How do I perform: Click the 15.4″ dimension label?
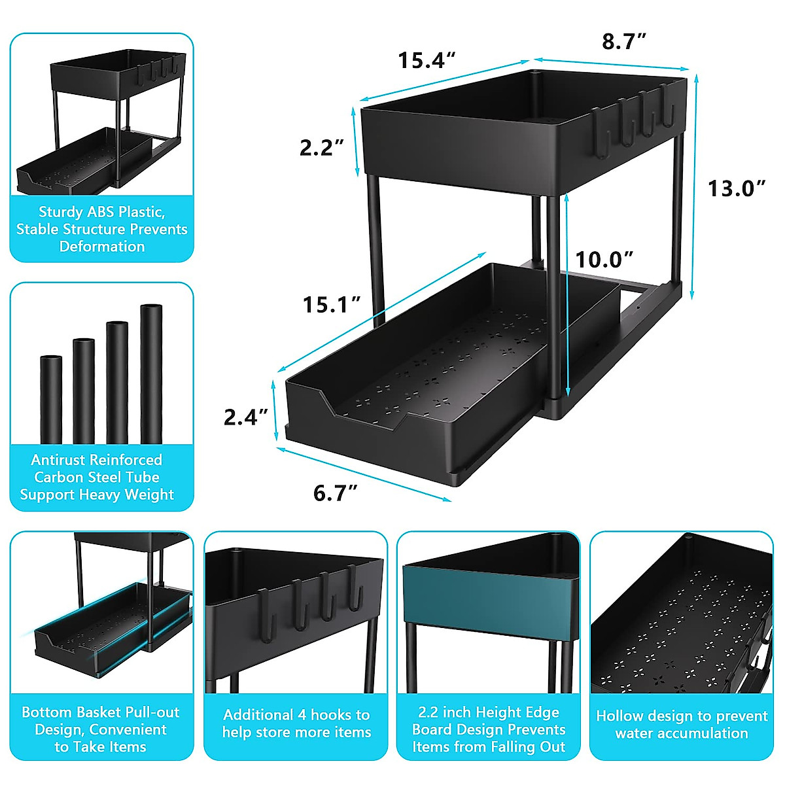tap(427, 60)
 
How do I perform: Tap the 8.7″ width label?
tap(624, 42)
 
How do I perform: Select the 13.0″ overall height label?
tap(737, 188)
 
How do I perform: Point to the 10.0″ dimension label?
tap(604, 260)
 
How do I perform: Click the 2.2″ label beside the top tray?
tap(322, 148)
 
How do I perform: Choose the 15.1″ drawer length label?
tap(332, 305)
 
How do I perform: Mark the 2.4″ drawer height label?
tap(246, 417)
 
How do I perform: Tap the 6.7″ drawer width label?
tap(336, 493)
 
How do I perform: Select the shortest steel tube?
tap(51, 399)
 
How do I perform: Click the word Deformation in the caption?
tap(102, 247)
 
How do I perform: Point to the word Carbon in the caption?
tap(58, 477)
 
